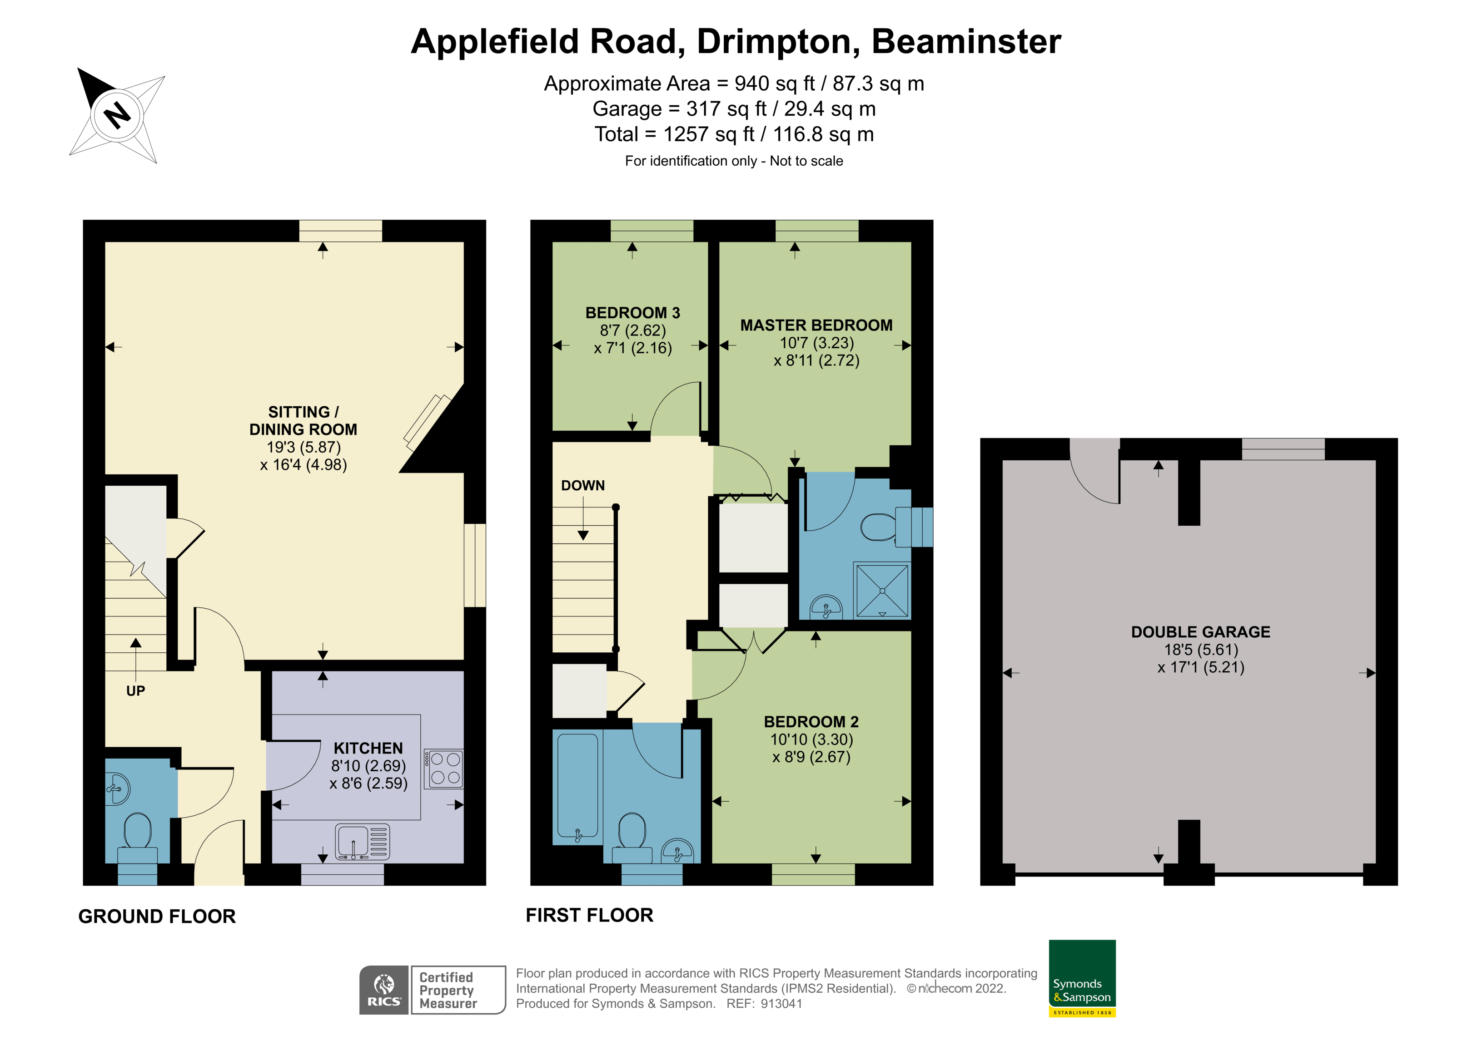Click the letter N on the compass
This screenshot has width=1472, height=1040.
tap(117, 115)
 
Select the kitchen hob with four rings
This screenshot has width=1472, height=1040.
tap(444, 768)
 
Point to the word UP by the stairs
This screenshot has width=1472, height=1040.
tap(135, 691)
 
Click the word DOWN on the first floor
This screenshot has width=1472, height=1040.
tap(583, 485)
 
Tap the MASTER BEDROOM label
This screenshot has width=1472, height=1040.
tap(816, 325)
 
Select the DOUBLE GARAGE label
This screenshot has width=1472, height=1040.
tap(1200, 632)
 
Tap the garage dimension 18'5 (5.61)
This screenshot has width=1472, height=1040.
tap(1201, 650)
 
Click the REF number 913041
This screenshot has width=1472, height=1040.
tap(781, 1004)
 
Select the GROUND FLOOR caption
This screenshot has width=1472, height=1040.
tap(157, 917)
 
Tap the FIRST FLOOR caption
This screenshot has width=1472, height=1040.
tap(589, 915)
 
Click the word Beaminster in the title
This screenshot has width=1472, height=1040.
tap(966, 42)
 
